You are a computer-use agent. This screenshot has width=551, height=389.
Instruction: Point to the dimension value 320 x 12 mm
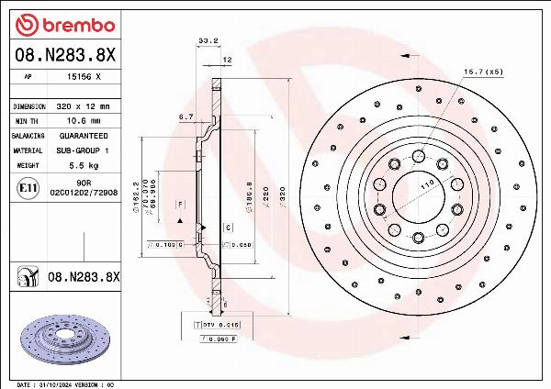[84, 106]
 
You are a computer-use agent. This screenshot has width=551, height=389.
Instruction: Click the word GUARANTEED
[83, 135]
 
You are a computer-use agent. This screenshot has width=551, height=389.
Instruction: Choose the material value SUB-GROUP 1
[83, 150]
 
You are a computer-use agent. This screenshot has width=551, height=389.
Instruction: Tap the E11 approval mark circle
[28, 189]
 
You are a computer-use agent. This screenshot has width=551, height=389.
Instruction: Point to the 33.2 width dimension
[208, 40]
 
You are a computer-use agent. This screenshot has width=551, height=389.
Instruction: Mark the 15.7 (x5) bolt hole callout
[481, 71]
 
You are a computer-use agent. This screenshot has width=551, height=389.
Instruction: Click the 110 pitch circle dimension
[425, 185]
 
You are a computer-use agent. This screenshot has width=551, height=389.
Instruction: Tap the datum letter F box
[180, 203]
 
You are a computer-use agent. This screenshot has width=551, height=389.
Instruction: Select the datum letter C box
[226, 227]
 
